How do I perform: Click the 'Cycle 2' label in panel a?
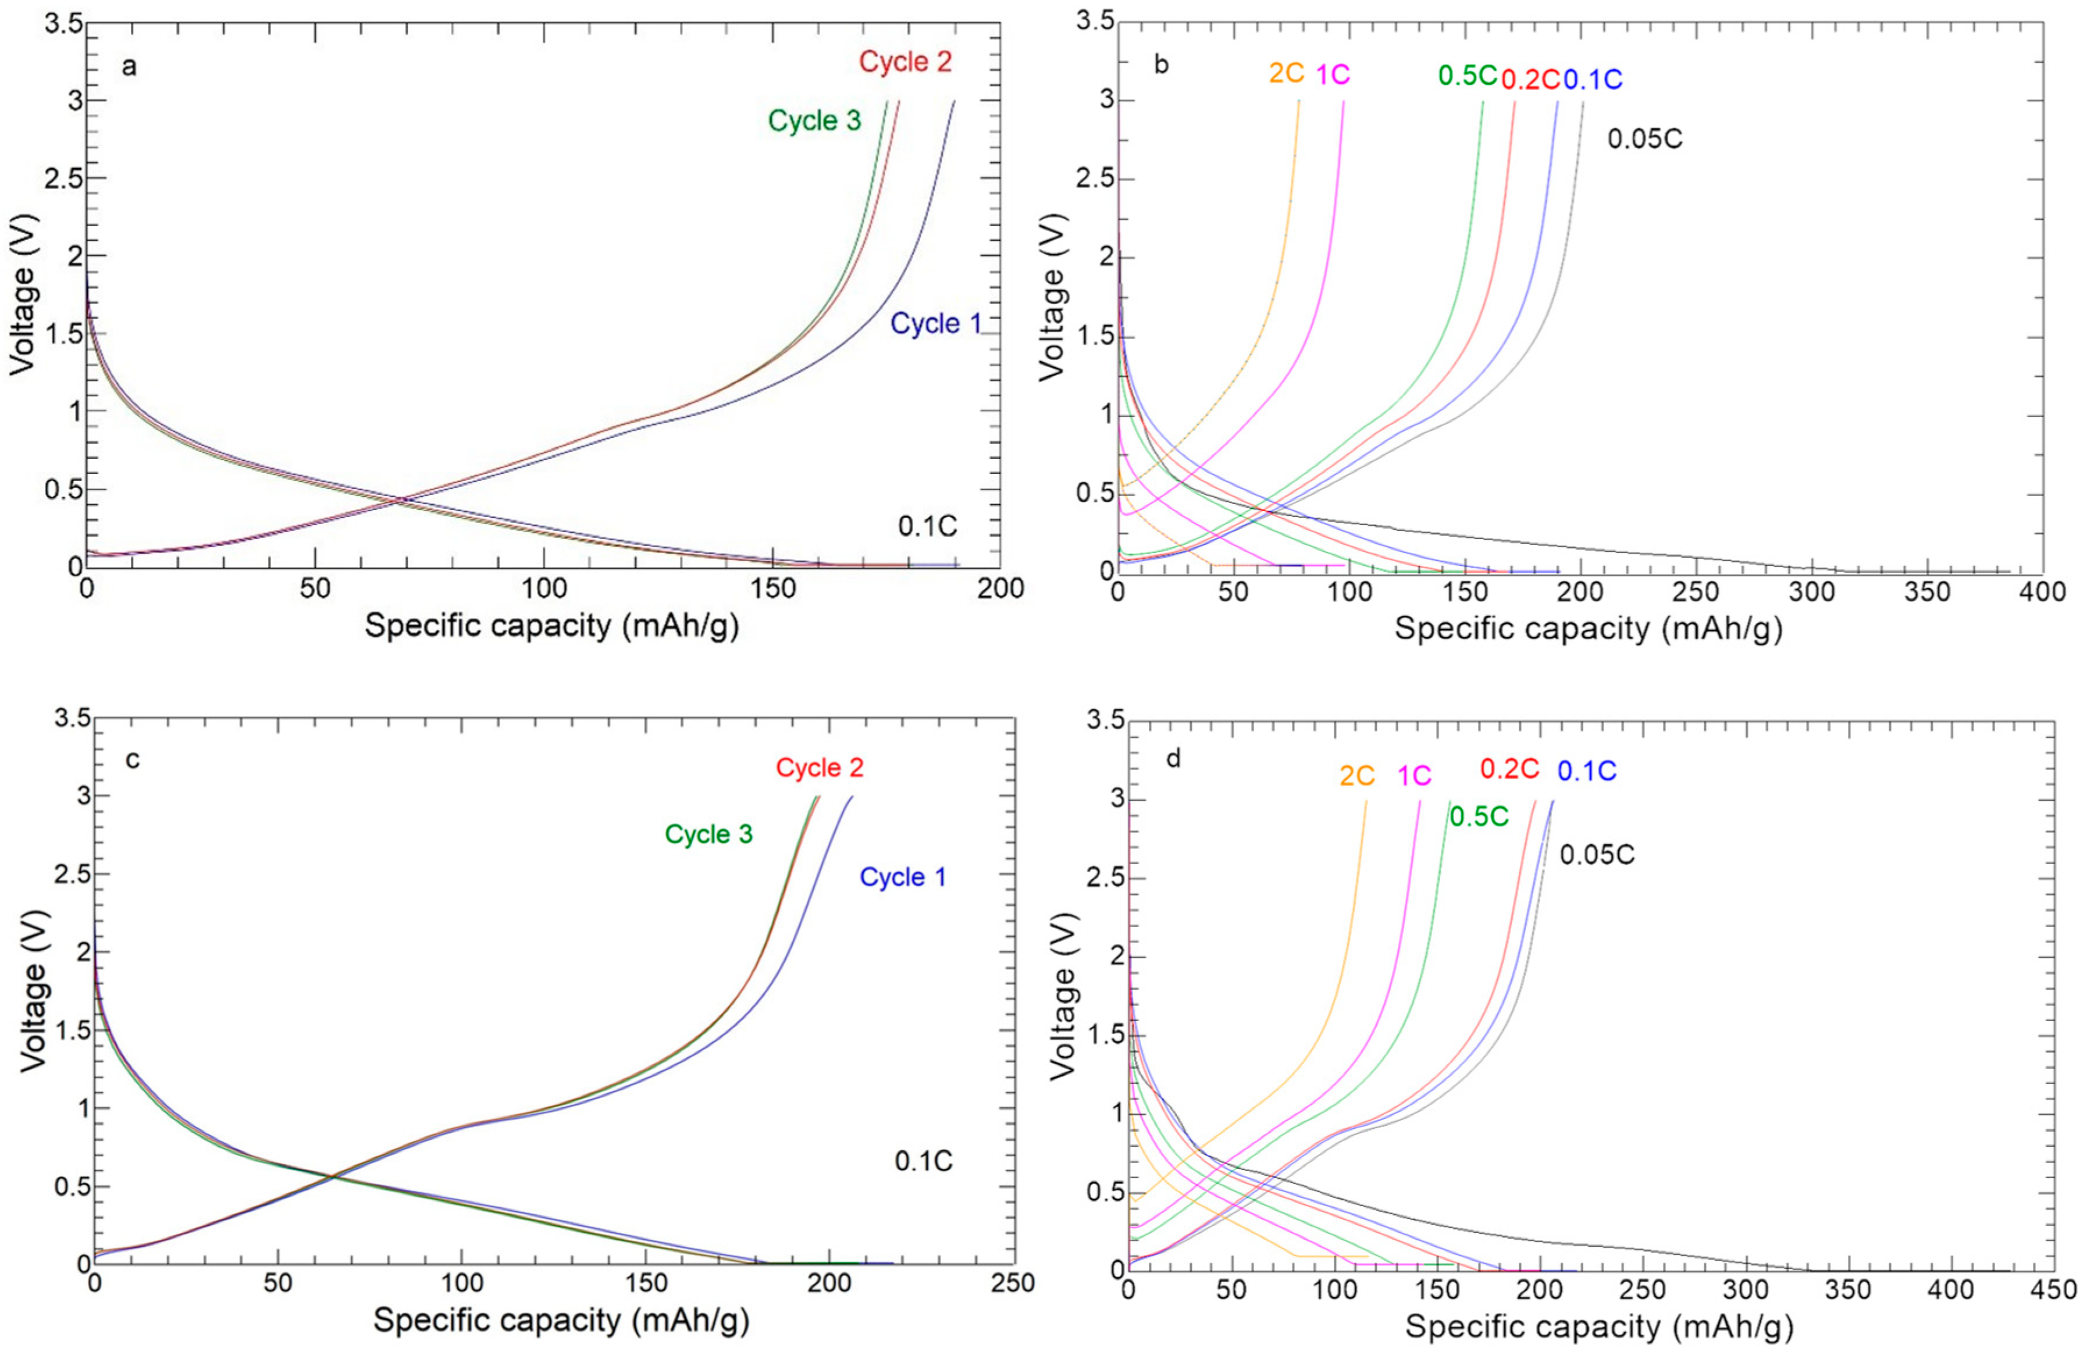pos(905,62)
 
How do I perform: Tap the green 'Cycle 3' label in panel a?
pos(815,121)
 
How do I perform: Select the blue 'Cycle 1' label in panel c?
pos(902,878)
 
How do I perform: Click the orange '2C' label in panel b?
pos(1287,74)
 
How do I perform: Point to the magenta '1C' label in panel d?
pos(1413,776)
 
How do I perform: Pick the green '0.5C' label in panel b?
pos(1467,76)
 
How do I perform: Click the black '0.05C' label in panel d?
pos(1597,855)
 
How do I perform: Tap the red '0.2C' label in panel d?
pos(1510,769)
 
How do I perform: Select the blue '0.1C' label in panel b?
pos(1593,80)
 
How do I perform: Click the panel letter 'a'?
pos(129,67)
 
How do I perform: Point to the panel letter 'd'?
pos(1173,758)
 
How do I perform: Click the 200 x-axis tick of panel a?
pos(1000,588)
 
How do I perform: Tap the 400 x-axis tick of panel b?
pos(2042,593)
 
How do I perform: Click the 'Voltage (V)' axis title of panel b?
pos(1052,297)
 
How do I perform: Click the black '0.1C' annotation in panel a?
pos(927,527)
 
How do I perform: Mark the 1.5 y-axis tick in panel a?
pos(63,334)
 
